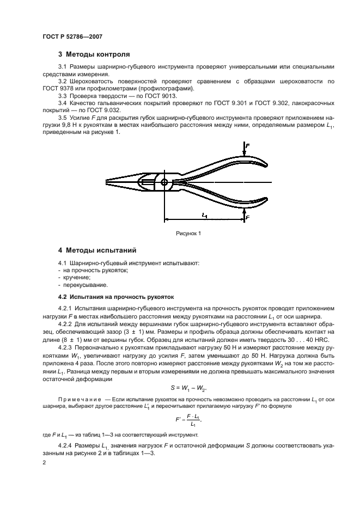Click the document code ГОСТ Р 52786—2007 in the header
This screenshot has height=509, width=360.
(72, 36)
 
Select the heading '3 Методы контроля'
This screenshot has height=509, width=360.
(94, 54)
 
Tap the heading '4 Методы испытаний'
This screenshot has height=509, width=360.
(97, 250)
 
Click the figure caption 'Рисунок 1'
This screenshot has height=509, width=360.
(188, 233)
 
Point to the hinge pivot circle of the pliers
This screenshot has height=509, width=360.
(164, 182)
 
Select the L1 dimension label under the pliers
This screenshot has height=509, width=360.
(204, 216)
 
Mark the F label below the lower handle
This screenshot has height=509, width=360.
(248, 217)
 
